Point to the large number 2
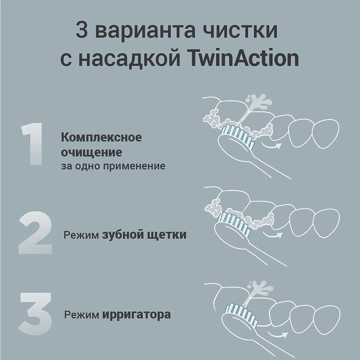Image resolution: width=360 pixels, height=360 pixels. point(35,234)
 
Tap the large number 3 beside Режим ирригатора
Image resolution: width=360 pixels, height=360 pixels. point(35,314)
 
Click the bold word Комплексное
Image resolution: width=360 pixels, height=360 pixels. point(101,137)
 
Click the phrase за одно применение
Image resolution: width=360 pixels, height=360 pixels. point(113,166)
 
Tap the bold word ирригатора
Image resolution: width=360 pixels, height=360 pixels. point(136,315)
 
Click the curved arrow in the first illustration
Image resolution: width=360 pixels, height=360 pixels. point(272,145)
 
